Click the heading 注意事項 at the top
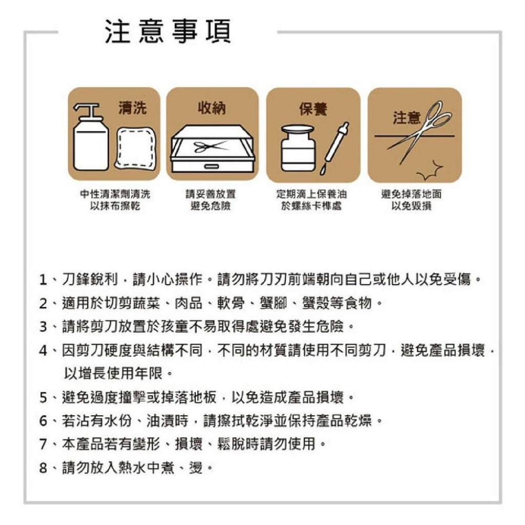pos(167,33)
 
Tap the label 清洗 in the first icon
pos(132,108)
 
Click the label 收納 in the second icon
pos(212,108)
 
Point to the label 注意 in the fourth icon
pos(406,118)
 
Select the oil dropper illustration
pos(334,148)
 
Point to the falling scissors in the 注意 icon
pos(420,131)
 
